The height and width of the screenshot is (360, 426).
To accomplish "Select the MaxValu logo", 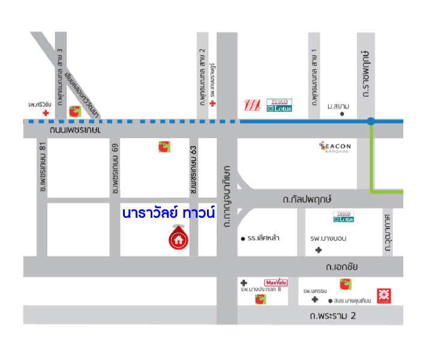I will point(275,282).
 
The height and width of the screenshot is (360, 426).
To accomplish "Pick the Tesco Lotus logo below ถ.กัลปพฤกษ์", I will point(343,217).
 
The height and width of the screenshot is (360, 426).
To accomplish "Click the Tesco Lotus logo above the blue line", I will point(279,106).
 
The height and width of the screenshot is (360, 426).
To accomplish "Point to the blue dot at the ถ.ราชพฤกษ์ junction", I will point(371,122).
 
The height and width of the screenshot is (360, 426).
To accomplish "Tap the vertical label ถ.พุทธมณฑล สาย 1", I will point(313,79).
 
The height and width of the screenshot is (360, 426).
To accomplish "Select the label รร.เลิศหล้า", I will point(263,238).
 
